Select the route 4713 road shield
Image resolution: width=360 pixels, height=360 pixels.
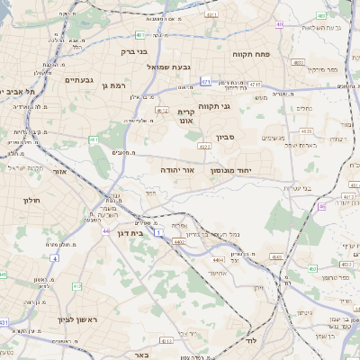(255, 85)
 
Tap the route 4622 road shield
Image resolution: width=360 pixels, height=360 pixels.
(203, 145)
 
